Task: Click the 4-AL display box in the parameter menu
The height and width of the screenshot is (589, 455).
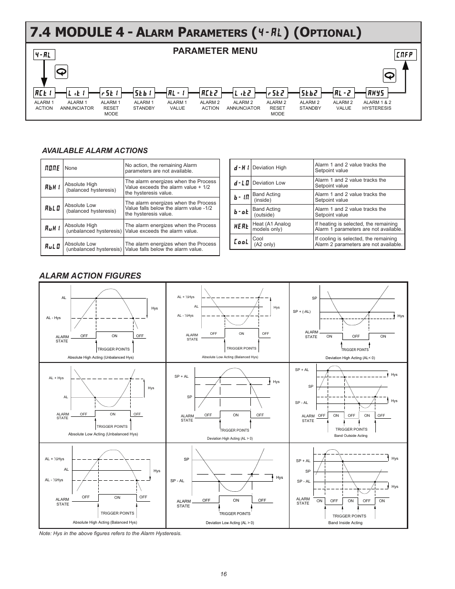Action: coord(44,55)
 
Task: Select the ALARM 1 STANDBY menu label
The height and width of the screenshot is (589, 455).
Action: coord(144,105)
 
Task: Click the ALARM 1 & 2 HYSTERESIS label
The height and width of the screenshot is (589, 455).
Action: coord(377,105)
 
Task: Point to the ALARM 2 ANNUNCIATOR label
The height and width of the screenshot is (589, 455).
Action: coord(243,105)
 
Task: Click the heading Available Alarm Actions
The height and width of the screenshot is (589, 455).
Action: coord(95,150)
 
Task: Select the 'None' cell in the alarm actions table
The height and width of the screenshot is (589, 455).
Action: coord(71,168)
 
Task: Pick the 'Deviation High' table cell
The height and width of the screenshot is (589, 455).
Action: coord(269,167)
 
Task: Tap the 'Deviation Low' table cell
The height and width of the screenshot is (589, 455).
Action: coord(269,183)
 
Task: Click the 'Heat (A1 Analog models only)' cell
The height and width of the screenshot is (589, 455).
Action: coord(271,227)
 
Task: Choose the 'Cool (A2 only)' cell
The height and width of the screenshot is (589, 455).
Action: coord(264,241)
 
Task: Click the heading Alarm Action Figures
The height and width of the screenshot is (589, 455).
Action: coord(90,276)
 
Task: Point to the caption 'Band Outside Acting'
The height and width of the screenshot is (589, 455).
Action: coord(351,435)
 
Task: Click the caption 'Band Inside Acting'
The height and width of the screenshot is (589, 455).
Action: coord(345,523)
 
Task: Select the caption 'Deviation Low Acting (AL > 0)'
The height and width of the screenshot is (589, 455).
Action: coord(230,523)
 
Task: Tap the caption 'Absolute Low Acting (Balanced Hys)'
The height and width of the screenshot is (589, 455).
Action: coord(230,357)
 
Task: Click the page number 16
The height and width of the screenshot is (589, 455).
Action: coord(224,574)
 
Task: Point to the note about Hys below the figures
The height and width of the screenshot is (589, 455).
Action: coord(110,533)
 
